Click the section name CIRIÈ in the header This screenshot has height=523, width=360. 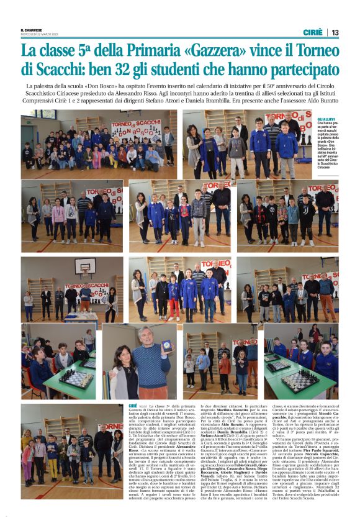coord(313,32)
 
